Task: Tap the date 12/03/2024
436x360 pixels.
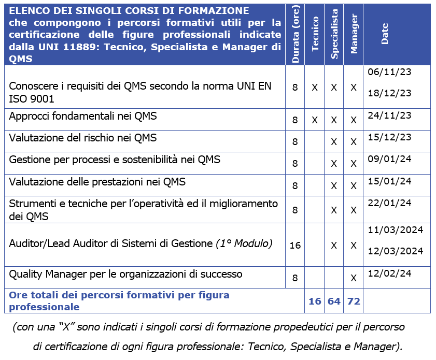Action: coord(396,251)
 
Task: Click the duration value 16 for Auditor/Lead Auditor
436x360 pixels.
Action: coord(295,245)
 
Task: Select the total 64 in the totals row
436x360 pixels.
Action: coord(334,301)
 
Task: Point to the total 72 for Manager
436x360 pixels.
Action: coord(354,301)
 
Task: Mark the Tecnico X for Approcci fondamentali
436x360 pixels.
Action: coord(315,120)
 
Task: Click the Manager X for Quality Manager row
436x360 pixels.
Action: coord(354,278)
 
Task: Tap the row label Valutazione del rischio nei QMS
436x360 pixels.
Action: coord(83,138)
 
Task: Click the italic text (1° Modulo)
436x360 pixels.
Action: coord(244,243)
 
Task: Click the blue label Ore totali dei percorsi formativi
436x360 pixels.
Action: coord(119,295)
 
